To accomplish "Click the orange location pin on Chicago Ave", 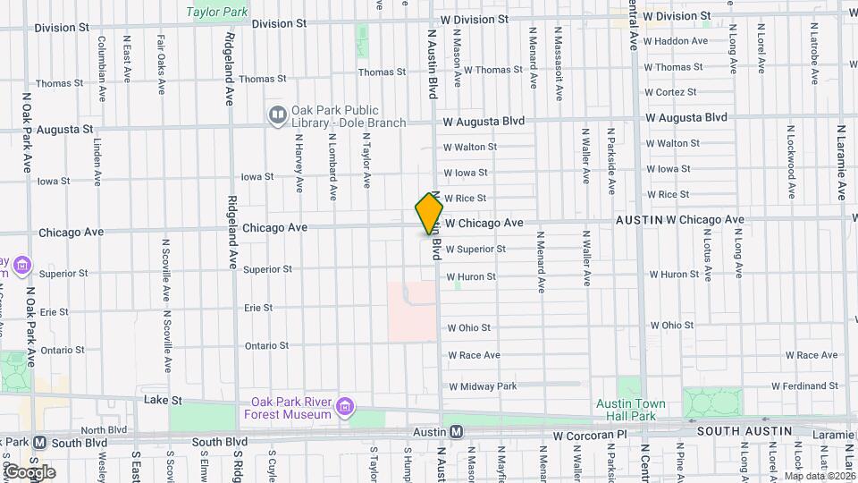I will tap(429, 214).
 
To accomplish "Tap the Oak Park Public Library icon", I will tap(278, 114).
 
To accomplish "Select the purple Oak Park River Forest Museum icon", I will tap(344, 410).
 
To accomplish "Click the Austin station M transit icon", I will tap(456, 432).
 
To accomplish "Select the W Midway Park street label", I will tap(483, 386).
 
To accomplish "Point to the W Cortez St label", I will tap(669, 92).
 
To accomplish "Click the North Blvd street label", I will tap(105, 430).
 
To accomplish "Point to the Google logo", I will tap(29, 471).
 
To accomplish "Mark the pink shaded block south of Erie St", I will tap(412, 311).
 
